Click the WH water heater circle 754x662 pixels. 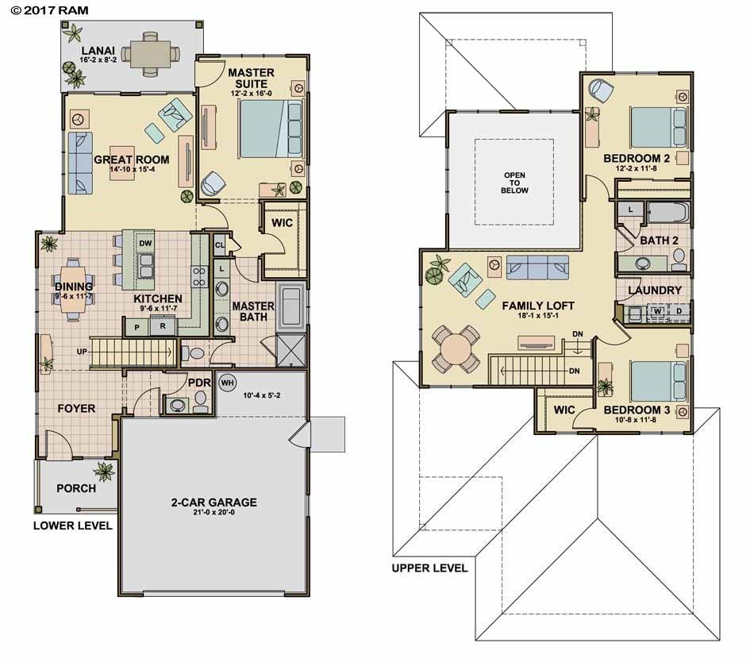[x=227, y=382]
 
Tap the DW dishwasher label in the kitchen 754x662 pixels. [x=145, y=243]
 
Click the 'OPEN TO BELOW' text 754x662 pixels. [x=514, y=183]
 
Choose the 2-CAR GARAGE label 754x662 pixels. [x=214, y=502]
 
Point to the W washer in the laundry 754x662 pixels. [x=657, y=310]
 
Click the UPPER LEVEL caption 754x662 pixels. [x=429, y=568]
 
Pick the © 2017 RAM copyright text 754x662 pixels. [x=45, y=10]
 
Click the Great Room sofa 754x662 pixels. [x=79, y=163]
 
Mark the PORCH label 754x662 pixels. [x=76, y=488]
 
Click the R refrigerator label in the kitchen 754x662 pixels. [x=162, y=325]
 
